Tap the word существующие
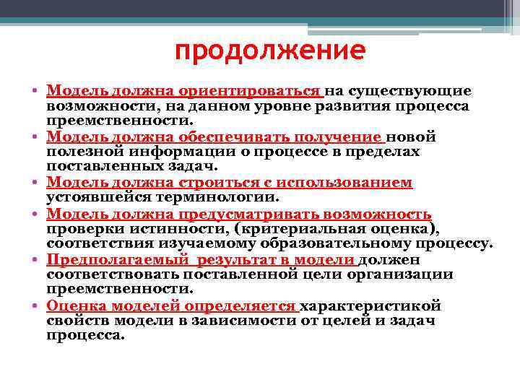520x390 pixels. [410, 92]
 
